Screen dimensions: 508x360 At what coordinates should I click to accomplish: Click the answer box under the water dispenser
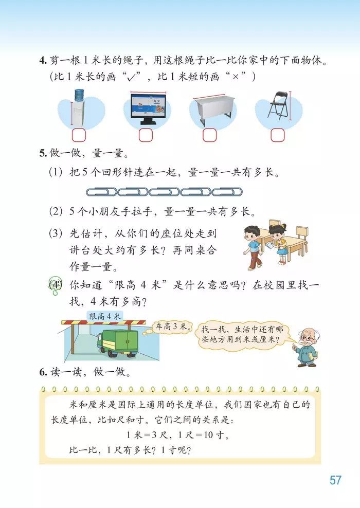coord(79,135)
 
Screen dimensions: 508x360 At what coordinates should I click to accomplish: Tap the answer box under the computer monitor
coord(146,135)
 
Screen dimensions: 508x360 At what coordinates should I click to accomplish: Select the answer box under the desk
coord(209,135)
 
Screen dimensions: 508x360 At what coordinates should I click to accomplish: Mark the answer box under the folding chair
coord(278,135)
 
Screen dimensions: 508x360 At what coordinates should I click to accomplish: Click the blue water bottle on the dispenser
coord(79,95)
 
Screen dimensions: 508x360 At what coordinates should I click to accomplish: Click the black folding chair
coord(278,108)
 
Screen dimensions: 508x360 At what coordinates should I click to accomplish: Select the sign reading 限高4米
coord(104,316)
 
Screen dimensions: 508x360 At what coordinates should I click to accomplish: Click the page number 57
coord(335,480)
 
